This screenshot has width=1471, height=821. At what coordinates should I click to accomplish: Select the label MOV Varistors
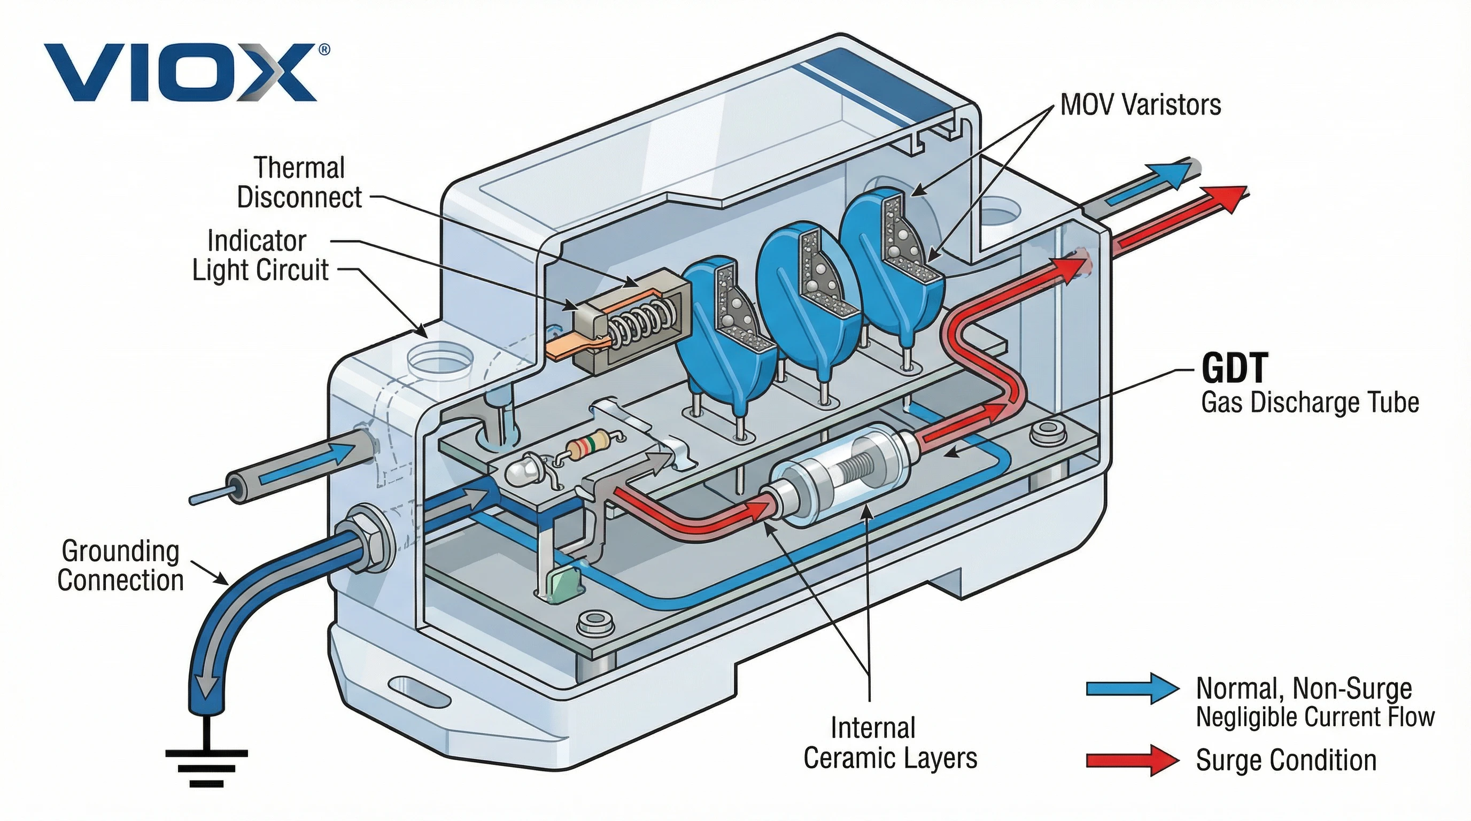[x=1140, y=105]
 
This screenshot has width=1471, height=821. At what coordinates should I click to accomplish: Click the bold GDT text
[x=1234, y=368]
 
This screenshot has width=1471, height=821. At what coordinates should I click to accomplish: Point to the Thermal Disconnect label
[x=299, y=183]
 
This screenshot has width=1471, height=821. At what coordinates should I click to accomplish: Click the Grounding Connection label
[x=120, y=566]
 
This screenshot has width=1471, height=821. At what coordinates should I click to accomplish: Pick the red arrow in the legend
[x=1132, y=760]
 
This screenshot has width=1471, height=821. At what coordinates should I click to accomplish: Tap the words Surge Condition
[x=1286, y=761]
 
